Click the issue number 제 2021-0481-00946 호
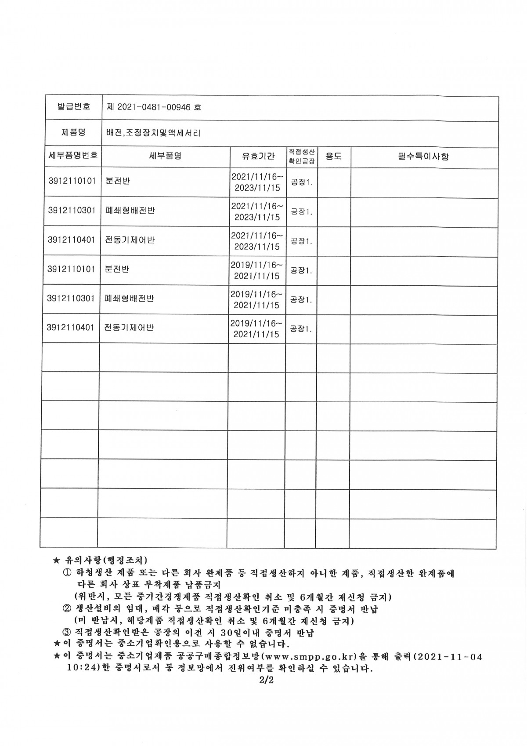[154, 107]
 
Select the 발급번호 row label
[74, 106]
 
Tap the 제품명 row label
[74, 132]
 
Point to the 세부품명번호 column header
[73, 156]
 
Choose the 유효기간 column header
[258, 156]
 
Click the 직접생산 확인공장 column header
[302, 156]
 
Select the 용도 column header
[334, 156]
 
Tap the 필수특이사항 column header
[423, 156]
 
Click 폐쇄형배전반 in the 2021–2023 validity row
[130, 211]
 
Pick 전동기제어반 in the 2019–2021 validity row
[129, 328]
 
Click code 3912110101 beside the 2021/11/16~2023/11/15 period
[72, 181]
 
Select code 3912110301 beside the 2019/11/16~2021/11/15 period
[71, 298]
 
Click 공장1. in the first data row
[302, 182]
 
